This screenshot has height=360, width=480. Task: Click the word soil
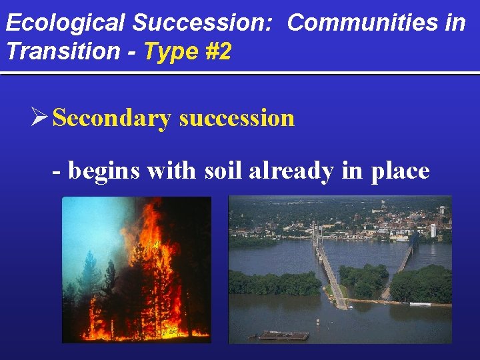pyautogui.click(x=223, y=171)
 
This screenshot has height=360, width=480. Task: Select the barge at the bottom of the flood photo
pyautogui.click(x=284, y=335)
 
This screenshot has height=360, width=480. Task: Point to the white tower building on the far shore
pyautogui.click(x=433, y=229)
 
